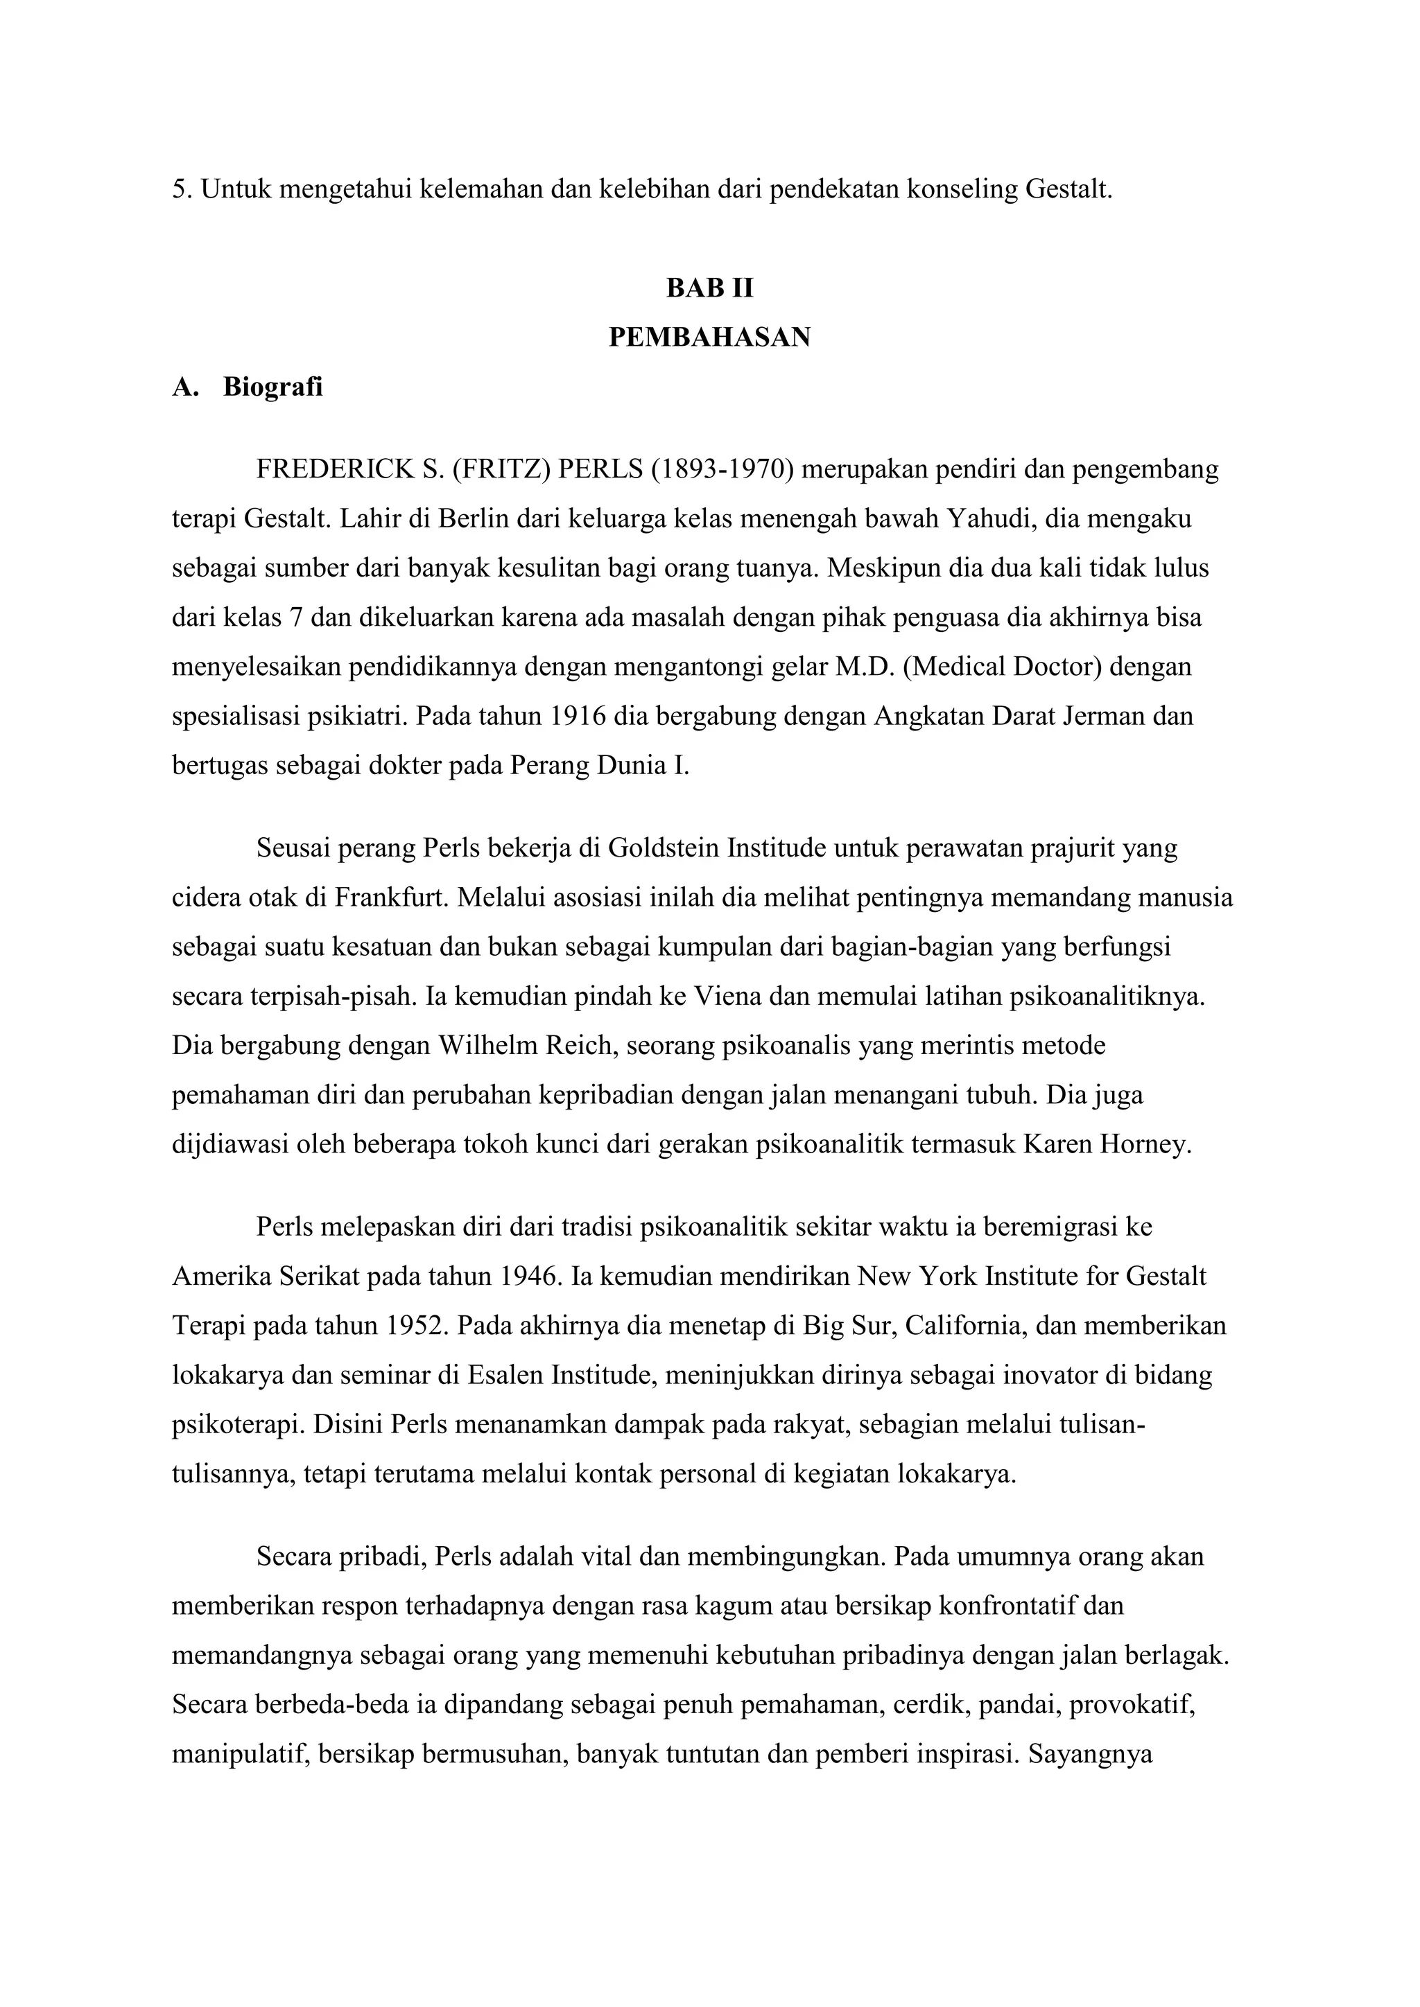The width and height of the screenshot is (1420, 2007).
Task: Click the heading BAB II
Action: coord(709,288)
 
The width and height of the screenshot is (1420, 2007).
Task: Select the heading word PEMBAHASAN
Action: coord(709,337)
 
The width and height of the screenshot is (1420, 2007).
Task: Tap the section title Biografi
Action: coord(272,387)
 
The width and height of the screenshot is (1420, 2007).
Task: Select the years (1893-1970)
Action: coord(722,471)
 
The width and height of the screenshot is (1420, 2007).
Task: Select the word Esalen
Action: coord(506,1376)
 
